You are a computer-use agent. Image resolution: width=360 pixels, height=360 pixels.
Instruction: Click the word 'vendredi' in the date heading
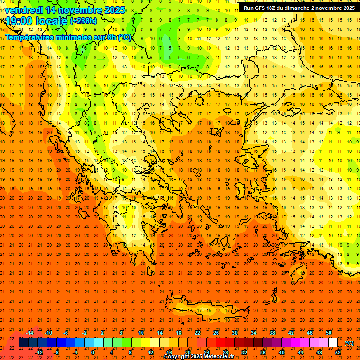tap(24, 10)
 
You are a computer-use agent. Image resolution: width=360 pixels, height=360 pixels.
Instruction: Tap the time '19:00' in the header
tap(19, 21)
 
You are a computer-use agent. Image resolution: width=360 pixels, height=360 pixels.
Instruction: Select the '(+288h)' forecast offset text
tap(83, 21)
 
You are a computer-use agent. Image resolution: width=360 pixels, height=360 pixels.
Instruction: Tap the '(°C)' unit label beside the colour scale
tap(349, 343)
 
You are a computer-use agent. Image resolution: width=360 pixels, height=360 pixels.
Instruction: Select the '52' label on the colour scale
tap(338, 352)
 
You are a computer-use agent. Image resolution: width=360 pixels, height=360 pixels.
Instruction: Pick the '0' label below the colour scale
tap(93, 352)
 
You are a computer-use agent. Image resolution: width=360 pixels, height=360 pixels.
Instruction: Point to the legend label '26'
tap(216, 332)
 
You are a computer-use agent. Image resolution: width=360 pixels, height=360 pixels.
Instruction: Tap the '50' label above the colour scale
tap(329, 332)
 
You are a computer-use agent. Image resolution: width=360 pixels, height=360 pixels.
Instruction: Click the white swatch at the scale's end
tap(333, 343)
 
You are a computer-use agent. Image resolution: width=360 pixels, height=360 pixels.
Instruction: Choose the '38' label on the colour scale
tap(272, 332)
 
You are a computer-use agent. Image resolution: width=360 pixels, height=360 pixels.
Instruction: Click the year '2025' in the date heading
tap(114, 10)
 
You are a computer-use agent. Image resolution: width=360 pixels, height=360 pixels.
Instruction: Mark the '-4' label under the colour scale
tap(75, 352)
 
